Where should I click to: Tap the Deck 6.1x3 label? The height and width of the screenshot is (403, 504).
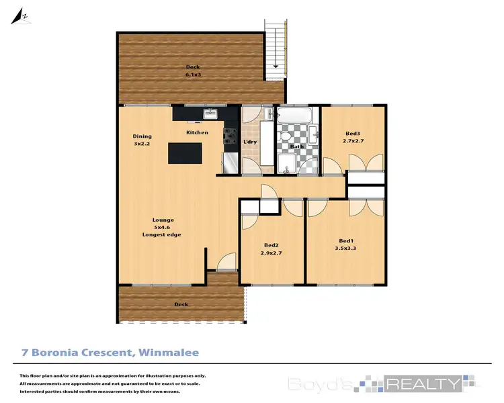tap(193, 71)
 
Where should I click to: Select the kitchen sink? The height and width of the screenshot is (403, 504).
tap(209, 114)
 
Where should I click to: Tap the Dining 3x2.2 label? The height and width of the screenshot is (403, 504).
tap(142, 140)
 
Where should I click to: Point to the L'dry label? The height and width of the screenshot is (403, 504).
tap(250, 142)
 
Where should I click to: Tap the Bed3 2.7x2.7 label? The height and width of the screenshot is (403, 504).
tap(353, 137)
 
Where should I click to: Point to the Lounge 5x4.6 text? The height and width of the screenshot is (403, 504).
tap(162, 227)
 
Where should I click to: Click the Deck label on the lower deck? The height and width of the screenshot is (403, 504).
tap(181, 304)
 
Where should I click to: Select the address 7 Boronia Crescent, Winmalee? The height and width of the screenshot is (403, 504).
tap(110, 352)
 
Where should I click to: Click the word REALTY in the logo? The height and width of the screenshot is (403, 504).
tap(423, 384)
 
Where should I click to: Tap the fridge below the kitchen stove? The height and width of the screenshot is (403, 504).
tap(229, 162)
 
